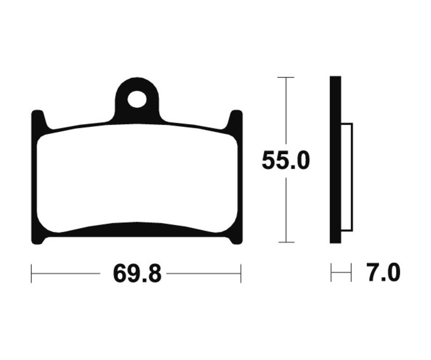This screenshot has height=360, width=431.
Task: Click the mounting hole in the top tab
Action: [x=136, y=99]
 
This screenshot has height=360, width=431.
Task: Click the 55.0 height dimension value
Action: [x=285, y=160]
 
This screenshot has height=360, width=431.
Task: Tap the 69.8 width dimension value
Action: [x=136, y=273]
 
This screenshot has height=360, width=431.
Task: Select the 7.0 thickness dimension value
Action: [x=384, y=272]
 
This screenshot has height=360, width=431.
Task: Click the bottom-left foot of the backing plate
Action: [x=38, y=239]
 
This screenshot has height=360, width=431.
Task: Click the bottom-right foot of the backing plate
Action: [x=236, y=239]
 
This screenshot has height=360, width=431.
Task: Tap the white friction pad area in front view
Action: [x=137, y=179]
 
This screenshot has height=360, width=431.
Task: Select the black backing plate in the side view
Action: [x=335, y=160]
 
